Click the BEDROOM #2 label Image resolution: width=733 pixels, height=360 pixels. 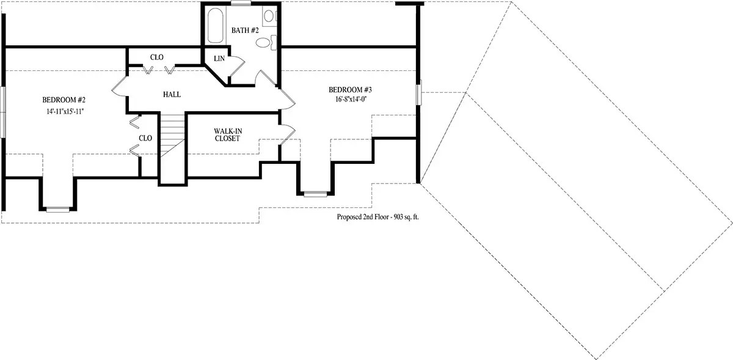tap(64, 100)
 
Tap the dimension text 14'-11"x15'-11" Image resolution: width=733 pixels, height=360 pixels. tap(65, 111)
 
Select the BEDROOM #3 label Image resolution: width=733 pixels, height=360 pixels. tap(350, 90)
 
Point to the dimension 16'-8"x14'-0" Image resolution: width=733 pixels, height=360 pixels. tap(351, 99)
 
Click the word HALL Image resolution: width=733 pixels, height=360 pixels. tap(172, 95)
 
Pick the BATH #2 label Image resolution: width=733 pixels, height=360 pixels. tap(245, 31)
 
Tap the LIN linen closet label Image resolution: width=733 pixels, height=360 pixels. tap(219, 59)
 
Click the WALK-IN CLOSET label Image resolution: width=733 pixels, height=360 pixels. tap(228, 134)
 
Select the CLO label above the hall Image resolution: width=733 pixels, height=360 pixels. tap(157, 57)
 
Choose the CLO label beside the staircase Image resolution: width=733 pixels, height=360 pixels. tap(145, 138)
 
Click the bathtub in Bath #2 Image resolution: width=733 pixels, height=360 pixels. tap(215, 26)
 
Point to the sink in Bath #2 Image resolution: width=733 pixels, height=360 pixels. tap(269, 16)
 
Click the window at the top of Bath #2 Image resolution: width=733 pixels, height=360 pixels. tap(241, 3)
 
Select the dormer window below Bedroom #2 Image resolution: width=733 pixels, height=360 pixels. tap(57, 210)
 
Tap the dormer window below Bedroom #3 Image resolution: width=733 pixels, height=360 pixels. tap(315, 194)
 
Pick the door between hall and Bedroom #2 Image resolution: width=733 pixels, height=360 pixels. tap(119, 86)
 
